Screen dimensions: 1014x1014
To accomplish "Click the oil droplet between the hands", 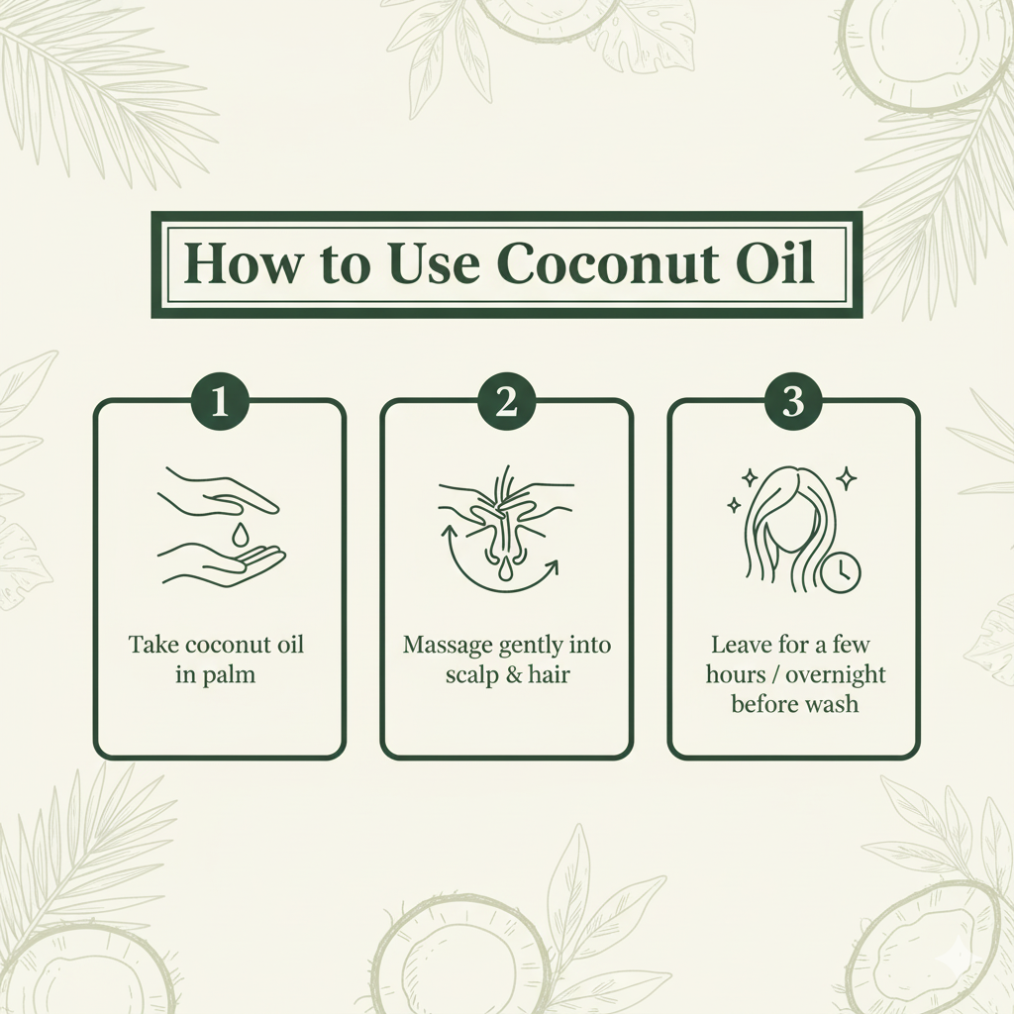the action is click(x=240, y=534).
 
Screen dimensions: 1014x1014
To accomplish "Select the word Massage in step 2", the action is click(x=448, y=646).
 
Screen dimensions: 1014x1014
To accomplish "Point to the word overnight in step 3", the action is click(x=836, y=675).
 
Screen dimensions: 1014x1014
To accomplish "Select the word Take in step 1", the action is click(x=152, y=645).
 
